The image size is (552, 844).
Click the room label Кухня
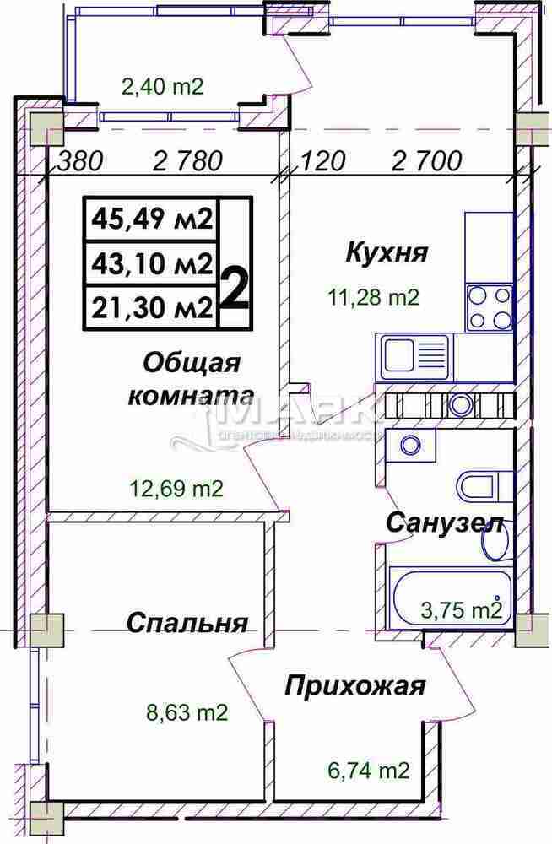pos(387,252)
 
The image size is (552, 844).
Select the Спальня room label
pos(187,624)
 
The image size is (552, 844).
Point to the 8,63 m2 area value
pos(186,713)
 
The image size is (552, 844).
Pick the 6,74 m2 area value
pos(369,770)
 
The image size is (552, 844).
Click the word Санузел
pos(445,522)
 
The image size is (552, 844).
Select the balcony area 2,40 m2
pos(164,85)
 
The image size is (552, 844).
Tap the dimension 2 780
pos(188,160)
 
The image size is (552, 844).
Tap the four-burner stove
pos(489,308)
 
